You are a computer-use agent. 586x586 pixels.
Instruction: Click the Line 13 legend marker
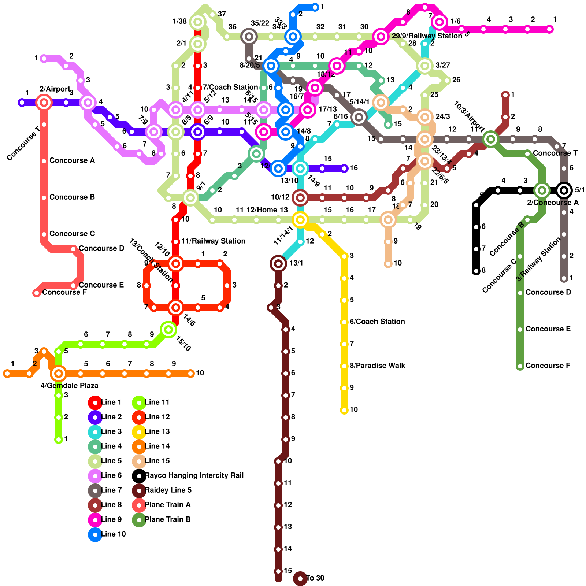[139, 432]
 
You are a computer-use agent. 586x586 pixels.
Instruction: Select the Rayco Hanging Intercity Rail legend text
[194, 476]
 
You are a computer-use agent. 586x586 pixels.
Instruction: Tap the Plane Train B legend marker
[139, 520]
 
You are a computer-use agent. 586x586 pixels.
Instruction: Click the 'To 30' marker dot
[300, 579]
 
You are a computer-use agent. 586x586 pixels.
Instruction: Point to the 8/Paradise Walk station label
[377, 366]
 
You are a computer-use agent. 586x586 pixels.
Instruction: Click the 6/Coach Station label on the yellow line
[377, 322]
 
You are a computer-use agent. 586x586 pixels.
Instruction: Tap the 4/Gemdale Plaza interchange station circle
[59, 374]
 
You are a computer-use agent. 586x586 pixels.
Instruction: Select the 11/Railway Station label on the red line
[213, 241]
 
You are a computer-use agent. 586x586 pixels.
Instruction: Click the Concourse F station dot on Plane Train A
[37, 293]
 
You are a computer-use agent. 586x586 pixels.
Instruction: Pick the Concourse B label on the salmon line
[72, 197]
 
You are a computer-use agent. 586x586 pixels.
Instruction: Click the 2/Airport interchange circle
[44, 103]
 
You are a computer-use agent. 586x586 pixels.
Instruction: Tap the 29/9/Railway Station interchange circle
[381, 37]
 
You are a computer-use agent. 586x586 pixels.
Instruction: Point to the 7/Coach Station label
[230, 88]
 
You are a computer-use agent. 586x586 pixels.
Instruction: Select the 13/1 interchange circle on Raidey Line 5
[278, 263]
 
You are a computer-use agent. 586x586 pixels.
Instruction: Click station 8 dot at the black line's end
[476, 271]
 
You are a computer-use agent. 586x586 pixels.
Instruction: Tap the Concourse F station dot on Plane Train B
[520, 366]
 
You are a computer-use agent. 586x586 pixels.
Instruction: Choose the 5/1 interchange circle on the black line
[564, 190]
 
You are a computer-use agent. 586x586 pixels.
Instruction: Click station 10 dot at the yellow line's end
[344, 410]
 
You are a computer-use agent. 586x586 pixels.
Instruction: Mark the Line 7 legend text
[111, 490]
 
